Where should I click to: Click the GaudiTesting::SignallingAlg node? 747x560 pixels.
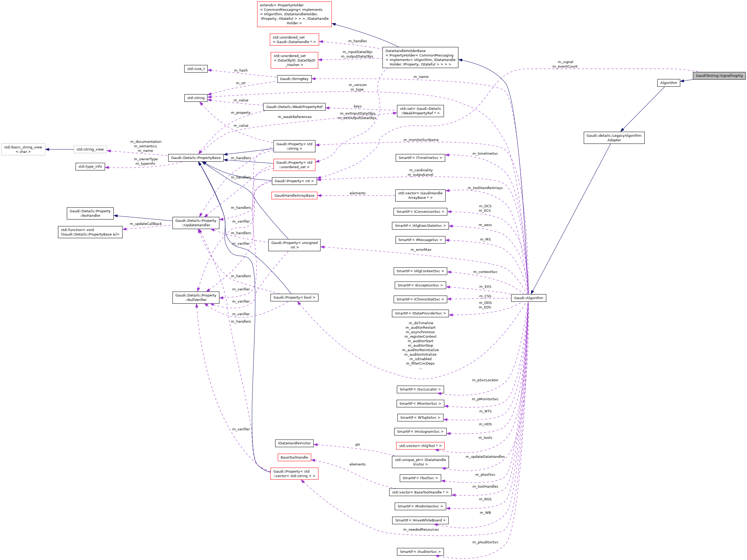(719, 76)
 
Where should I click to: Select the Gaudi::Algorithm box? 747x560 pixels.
(528, 298)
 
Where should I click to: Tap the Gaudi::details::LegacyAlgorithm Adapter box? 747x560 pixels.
(614, 138)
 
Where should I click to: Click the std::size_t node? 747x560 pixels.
(196, 69)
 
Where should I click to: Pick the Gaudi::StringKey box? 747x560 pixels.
(294, 79)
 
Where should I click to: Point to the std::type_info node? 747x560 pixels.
(90, 167)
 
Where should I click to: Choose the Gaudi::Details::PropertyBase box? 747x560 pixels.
(196, 158)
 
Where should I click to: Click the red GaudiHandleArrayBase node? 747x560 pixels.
(294, 196)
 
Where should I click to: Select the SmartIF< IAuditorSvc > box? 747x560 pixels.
(420, 552)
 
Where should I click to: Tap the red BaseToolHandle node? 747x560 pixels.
(294, 458)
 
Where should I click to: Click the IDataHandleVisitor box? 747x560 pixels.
(294, 443)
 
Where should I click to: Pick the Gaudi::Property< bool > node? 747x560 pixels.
(294, 298)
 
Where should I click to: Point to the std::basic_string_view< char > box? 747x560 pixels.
(23, 149)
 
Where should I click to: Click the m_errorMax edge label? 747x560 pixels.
(421, 250)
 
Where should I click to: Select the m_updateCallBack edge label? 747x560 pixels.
(146, 224)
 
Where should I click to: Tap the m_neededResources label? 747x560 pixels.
(421, 530)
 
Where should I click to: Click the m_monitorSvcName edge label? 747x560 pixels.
(421, 140)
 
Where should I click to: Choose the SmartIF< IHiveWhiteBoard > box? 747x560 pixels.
(420, 520)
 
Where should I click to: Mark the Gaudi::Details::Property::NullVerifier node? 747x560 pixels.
(196, 298)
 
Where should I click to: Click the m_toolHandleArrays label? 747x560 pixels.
(485, 188)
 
